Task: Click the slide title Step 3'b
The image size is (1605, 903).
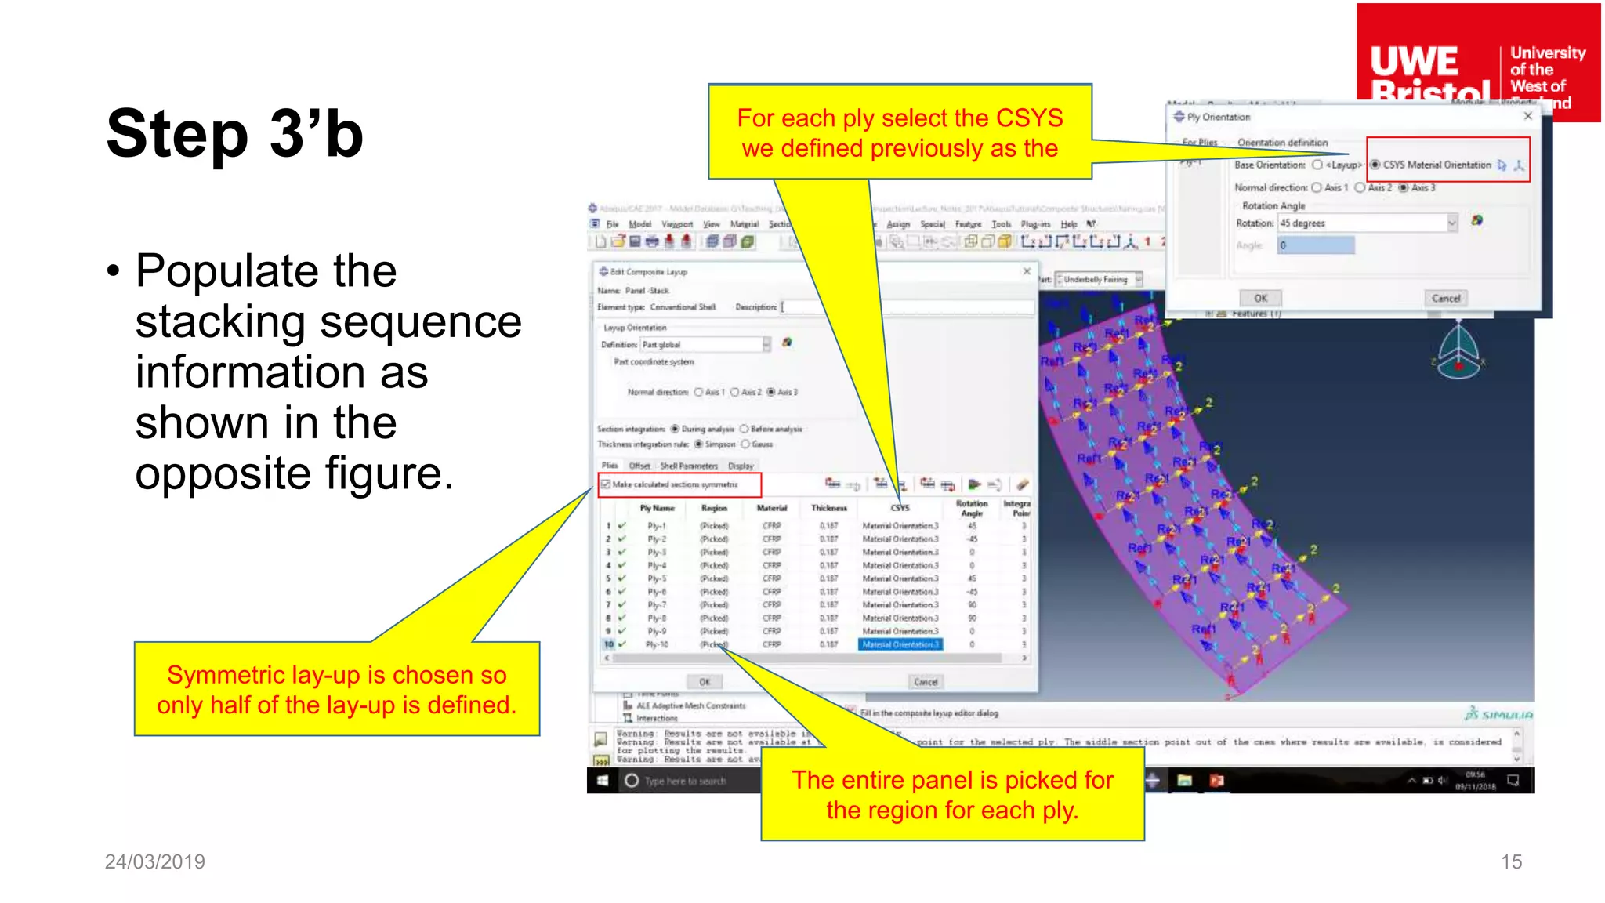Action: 235,133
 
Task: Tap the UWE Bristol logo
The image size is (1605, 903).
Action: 1477,63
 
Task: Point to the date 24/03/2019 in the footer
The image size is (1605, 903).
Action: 155,861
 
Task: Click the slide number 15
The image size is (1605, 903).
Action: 1511,861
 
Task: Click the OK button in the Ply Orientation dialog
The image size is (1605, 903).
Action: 1260,298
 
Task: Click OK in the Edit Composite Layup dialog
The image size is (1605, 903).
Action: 705,682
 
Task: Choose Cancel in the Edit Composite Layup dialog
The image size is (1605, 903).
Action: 926,682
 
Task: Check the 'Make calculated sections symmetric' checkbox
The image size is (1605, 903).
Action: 606,484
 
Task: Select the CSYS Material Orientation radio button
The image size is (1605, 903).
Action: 1375,165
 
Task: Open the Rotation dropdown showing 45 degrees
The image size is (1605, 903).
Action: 1451,223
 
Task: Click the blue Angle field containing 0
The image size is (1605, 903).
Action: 1316,245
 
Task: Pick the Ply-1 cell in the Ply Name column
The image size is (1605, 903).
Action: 657,526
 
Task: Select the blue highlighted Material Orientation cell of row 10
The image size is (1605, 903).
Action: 900,644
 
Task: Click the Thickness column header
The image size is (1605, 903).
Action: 828,508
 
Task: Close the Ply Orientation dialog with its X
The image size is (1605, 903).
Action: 1527,116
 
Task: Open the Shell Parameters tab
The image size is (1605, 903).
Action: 689,466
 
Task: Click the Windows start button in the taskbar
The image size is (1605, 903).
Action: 603,781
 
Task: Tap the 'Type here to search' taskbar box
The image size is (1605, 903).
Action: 685,781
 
